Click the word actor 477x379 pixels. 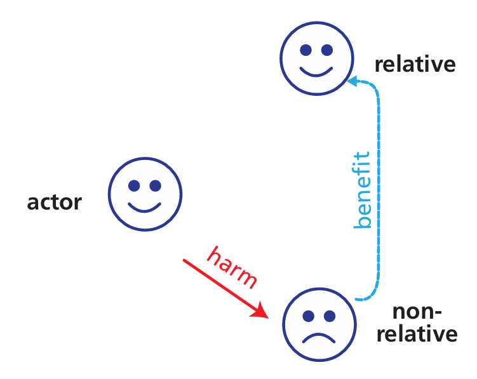click(55, 203)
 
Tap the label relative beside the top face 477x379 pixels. click(415, 64)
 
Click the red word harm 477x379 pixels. click(233, 267)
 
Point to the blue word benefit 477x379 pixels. click(362, 190)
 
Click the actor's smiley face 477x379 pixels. click(145, 193)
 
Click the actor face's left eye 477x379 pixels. click(134, 186)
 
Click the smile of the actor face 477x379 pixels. click(145, 208)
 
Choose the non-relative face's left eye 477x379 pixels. click(307, 316)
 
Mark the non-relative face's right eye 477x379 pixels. click(329, 316)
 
